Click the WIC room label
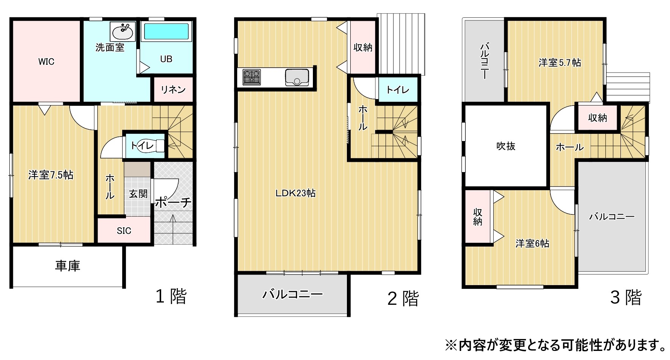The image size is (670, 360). [46, 62]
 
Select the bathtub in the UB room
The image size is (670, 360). [166, 31]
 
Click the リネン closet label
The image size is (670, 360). [173, 90]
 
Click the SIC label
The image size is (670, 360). [124, 231]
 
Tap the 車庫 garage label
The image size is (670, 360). [68, 266]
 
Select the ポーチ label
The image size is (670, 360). [173, 202]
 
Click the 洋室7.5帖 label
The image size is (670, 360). [51, 175]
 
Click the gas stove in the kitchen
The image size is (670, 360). [252, 77]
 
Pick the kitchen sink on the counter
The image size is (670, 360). [297, 77]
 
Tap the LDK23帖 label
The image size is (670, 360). [295, 193]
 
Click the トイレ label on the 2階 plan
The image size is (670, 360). [398, 90]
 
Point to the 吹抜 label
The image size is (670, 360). [506, 146]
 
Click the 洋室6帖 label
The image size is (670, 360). [532, 244]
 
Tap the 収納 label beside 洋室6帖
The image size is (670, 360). [478, 217]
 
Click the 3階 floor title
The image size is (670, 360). [626, 297]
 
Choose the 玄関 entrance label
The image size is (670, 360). [138, 194]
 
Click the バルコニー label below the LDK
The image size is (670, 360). [292, 294]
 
